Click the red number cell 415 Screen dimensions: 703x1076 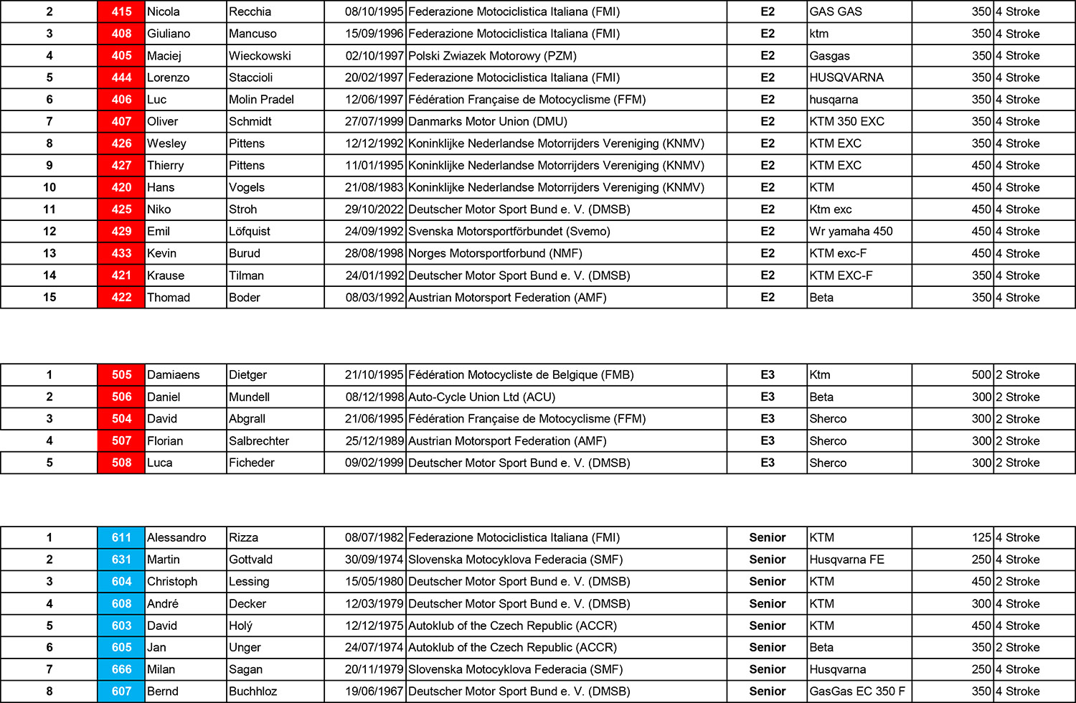[x=121, y=11]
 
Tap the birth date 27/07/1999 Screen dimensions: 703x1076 [x=374, y=121]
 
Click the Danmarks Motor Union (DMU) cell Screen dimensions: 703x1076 [x=488, y=121]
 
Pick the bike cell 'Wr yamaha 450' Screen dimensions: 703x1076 [x=851, y=231]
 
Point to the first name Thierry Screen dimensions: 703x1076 [x=166, y=165]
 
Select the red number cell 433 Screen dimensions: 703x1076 [x=121, y=253]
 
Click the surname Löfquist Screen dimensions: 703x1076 [x=250, y=231]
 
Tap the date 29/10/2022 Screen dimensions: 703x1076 [x=374, y=209]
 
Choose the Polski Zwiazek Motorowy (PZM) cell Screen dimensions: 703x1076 [x=492, y=55]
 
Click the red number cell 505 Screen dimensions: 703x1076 [x=121, y=374]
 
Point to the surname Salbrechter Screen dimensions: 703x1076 [x=259, y=440]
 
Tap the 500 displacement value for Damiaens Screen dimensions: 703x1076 [x=981, y=374]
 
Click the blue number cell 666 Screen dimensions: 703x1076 [x=121, y=669]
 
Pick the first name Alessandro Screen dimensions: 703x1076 [x=176, y=537]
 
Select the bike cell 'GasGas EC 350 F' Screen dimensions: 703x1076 [x=857, y=692]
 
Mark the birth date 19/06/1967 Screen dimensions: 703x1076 [x=374, y=692]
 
